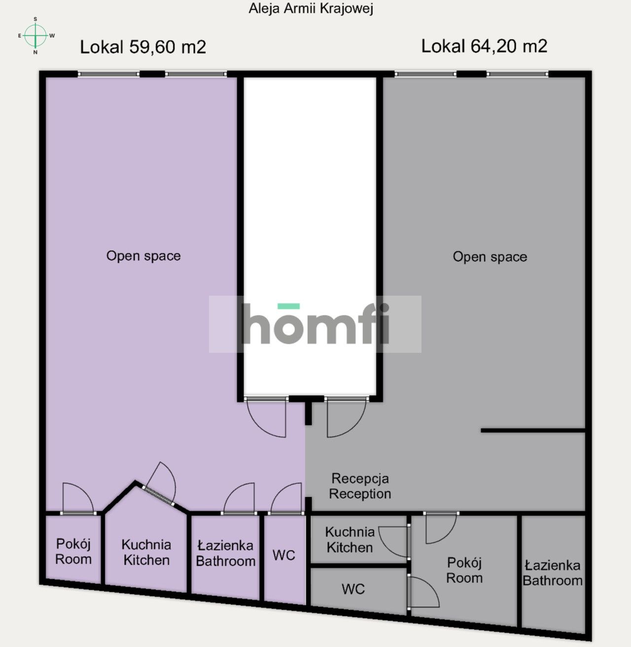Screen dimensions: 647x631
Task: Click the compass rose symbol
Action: point(36,35)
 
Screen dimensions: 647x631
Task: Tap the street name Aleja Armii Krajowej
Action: point(311,9)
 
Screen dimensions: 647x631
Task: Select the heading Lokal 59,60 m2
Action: point(143,47)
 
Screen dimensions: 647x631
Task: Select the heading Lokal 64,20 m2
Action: point(484,46)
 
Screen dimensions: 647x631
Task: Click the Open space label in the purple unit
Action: point(143,256)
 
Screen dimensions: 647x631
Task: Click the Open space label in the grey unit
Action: point(490,257)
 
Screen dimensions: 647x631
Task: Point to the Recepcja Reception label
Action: point(360,486)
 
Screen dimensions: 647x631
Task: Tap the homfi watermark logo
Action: point(315,324)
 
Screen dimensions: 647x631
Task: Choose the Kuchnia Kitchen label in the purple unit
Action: point(146,552)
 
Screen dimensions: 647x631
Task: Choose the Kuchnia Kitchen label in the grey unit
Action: point(350,540)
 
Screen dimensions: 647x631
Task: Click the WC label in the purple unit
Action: point(284,555)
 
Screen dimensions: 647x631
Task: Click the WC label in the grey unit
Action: point(353,589)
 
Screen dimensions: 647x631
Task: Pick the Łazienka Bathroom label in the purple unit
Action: point(225,553)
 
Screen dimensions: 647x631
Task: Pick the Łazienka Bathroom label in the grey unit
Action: point(553,573)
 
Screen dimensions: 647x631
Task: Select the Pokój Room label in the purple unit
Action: point(73,551)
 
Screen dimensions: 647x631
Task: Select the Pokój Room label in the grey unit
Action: point(464,570)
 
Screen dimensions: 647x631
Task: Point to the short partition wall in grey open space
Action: point(532,431)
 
